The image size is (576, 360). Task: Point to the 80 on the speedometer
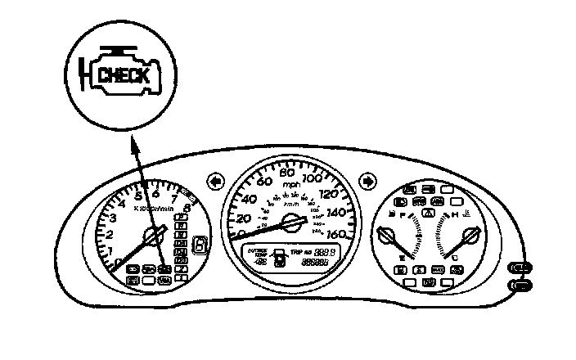pyautogui.click(x=287, y=173)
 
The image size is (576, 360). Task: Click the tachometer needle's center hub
pyautogui.click(x=153, y=238)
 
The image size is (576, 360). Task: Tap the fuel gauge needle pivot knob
pyautogui.click(x=385, y=238)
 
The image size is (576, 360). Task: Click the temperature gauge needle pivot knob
pyautogui.click(x=469, y=238)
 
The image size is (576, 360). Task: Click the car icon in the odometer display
pyautogui.click(x=279, y=256)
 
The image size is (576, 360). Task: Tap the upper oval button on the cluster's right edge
pyautogui.click(x=520, y=268)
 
